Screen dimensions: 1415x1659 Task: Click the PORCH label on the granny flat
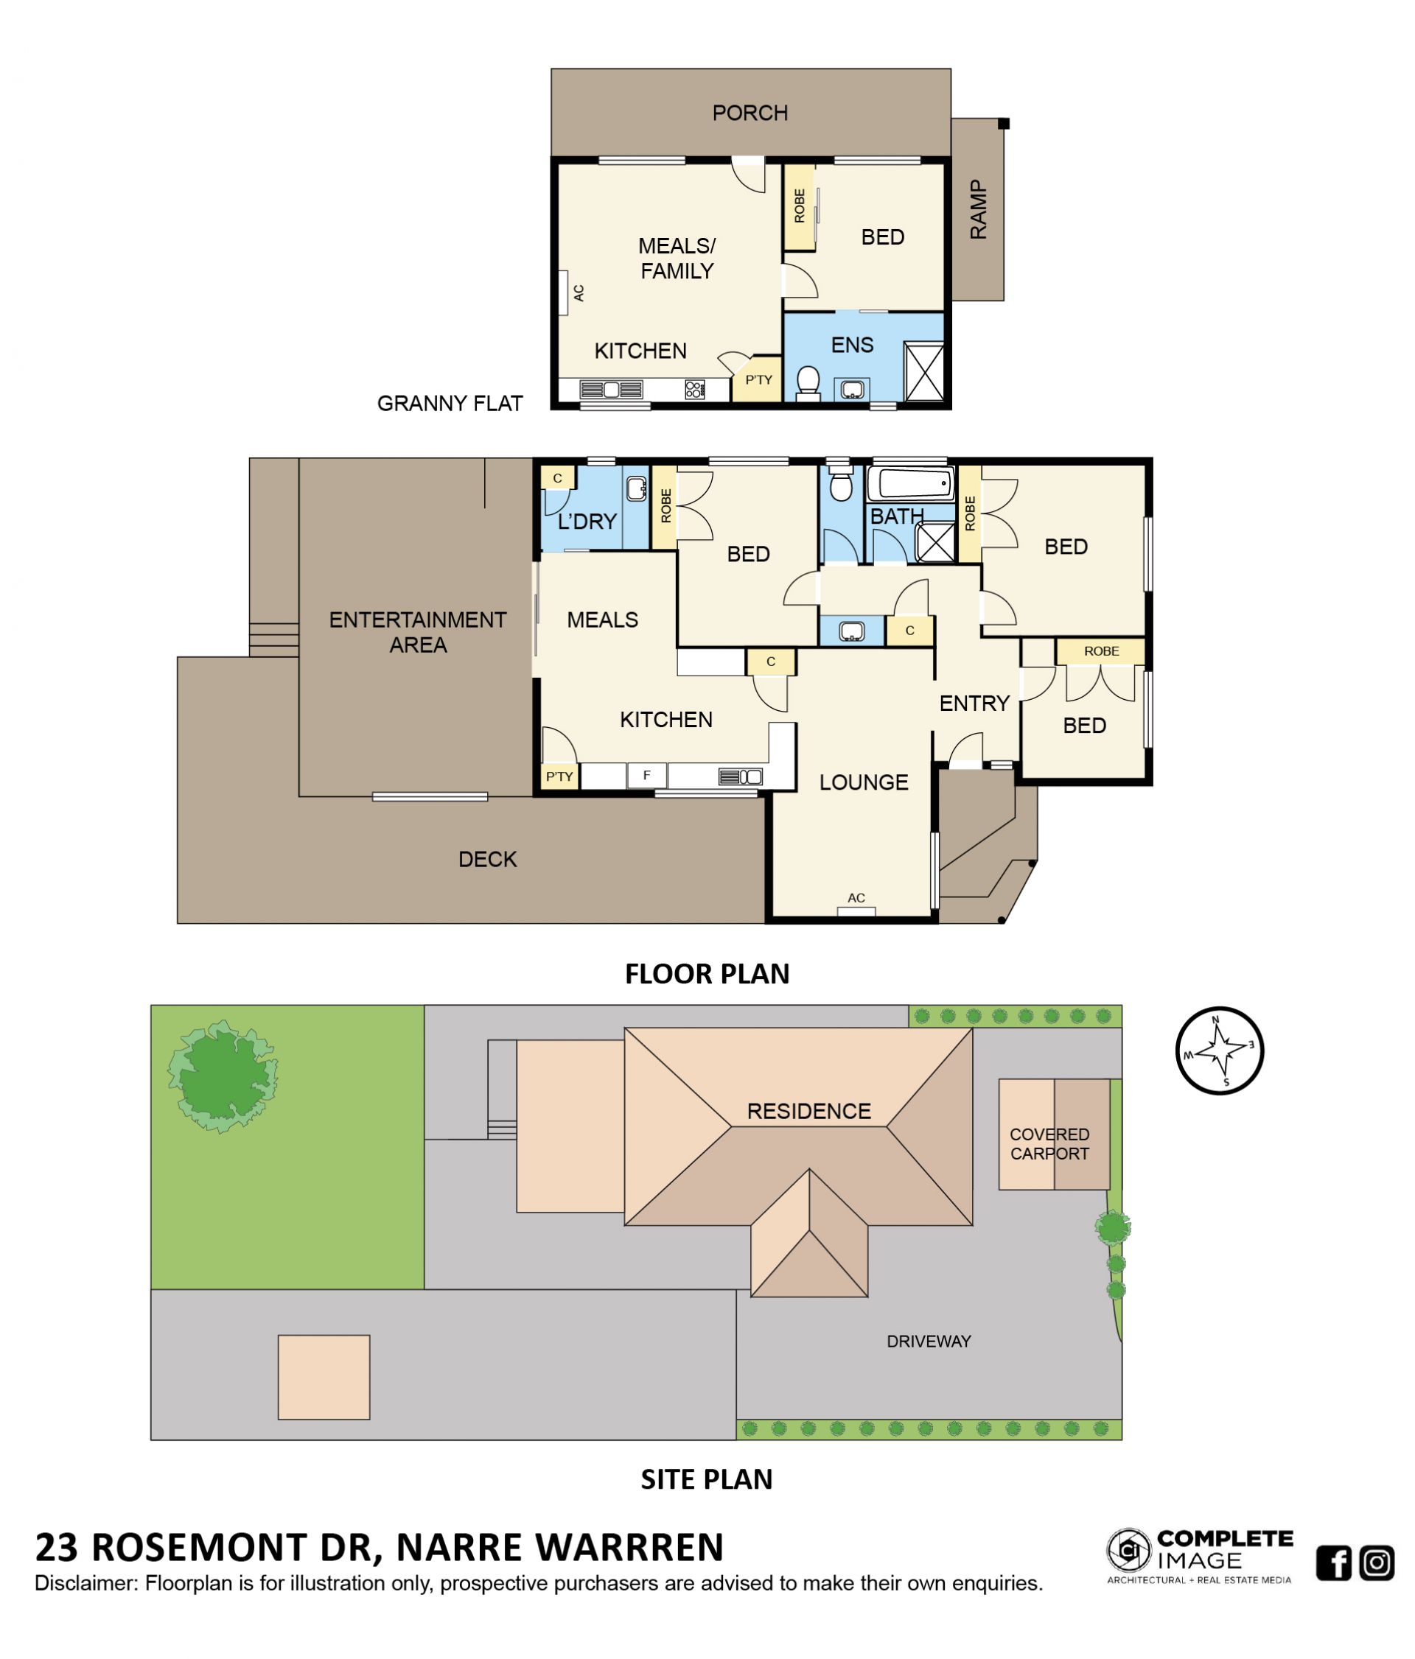click(x=750, y=113)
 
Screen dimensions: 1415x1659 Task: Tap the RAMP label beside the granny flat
click(x=978, y=209)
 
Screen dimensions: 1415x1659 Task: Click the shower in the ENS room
click(x=923, y=371)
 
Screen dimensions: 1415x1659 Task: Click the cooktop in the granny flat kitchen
click(x=694, y=389)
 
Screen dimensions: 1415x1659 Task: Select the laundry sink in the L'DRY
click(x=636, y=488)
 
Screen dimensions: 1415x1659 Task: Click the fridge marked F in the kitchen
click(x=646, y=775)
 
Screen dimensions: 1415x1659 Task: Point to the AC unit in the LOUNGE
click(x=856, y=911)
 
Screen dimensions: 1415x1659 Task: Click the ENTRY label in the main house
click(x=974, y=703)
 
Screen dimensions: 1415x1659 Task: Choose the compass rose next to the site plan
click(x=1219, y=1050)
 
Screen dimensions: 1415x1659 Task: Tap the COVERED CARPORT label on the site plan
click(x=1049, y=1143)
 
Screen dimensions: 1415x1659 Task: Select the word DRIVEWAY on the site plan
click(x=928, y=1341)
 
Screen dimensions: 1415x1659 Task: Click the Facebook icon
click(x=1333, y=1563)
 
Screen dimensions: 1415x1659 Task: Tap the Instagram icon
click(x=1377, y=1563)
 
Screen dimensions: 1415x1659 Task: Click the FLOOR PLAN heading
click(x=706, y=974)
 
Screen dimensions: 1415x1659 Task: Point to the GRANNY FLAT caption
click(x=450, y=403)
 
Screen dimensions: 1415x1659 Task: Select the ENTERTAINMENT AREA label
click(x=417, y=632)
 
